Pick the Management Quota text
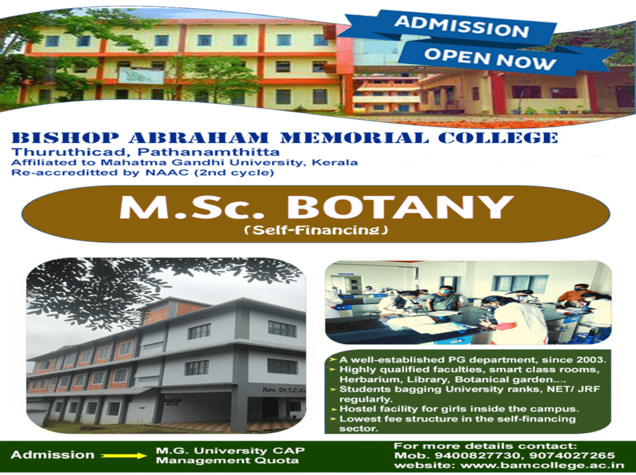point(227,461)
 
